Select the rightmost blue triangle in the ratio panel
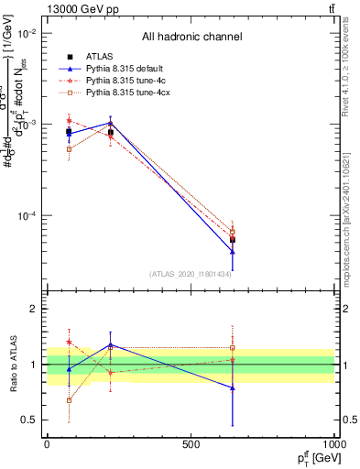tap(233, 387)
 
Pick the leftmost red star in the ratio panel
tap(69, 342)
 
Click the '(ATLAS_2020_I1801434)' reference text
tap(191, 273)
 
